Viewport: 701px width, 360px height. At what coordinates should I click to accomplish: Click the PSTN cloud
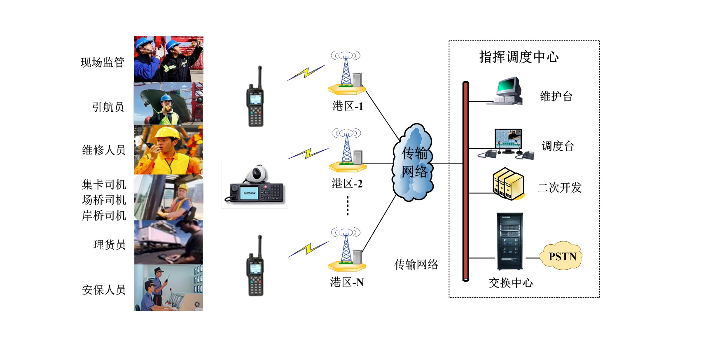pos(562,256)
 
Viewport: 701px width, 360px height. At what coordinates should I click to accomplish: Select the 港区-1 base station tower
pos(346,72)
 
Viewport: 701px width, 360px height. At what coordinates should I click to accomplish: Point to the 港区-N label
pos(347,282)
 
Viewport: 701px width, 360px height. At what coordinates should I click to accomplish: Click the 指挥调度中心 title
pos(519,57)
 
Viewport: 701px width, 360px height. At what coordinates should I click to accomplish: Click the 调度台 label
pos(558,146)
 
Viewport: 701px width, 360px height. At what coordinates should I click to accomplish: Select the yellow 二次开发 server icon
pos(508,184)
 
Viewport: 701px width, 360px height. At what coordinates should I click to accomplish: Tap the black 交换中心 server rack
pos(509,241)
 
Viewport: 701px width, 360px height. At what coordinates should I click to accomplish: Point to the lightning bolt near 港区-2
pos(308,154)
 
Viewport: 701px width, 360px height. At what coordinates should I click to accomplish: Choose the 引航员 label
pos(108,107)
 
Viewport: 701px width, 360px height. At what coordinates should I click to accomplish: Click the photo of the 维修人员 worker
pos(168,150)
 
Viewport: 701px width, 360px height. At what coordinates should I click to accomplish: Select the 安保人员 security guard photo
pos(168,288)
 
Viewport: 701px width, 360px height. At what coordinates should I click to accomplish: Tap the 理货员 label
pos(109,245)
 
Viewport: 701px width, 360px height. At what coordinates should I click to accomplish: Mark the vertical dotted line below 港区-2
pos(348,206)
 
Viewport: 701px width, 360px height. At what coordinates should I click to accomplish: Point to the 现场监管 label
pos(103,63)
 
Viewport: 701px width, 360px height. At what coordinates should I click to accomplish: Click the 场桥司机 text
pos(104,200)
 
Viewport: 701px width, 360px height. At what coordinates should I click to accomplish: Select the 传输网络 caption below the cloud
pos(416,264)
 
